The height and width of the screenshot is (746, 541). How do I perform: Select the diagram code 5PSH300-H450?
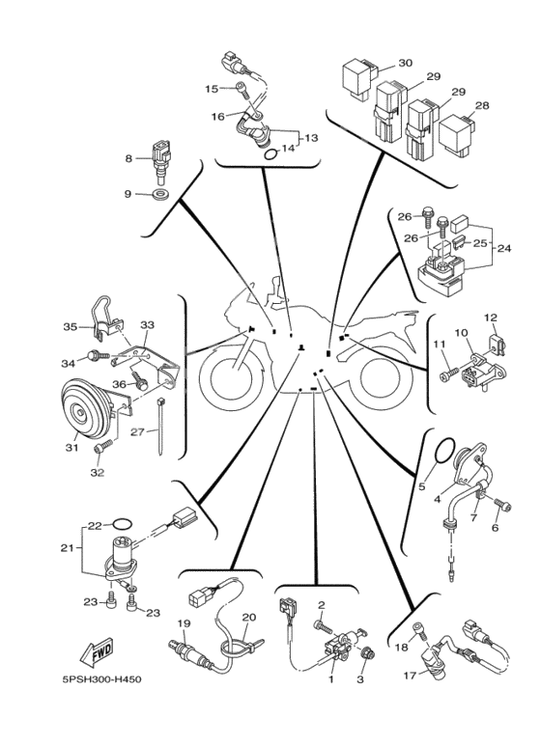point(101,679)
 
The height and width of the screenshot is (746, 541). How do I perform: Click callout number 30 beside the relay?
point(405,63)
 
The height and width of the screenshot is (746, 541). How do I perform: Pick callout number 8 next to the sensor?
point(128,158)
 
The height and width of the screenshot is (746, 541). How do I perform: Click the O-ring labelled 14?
point(270,154)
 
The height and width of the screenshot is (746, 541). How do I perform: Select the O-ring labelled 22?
point(123,524)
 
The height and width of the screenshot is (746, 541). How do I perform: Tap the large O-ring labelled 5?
point(444,450)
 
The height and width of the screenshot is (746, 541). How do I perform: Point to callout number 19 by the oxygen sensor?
point(184,623)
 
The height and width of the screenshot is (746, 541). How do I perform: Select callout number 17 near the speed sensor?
point(410,675)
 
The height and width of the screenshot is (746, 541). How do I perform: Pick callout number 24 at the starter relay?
point(504,248)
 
